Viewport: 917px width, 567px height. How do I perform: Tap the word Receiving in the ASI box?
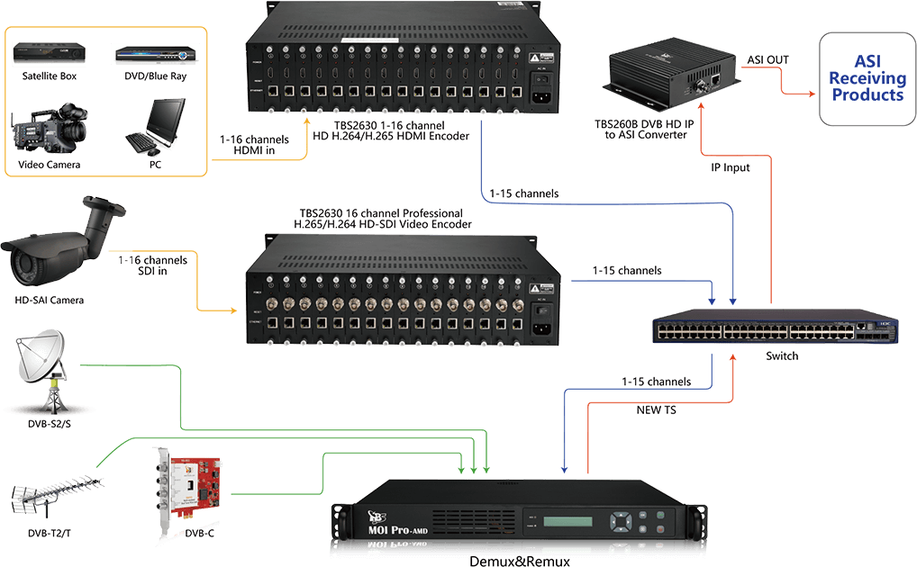click(867, 79)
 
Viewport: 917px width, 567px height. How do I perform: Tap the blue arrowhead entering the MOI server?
click(566, 469)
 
